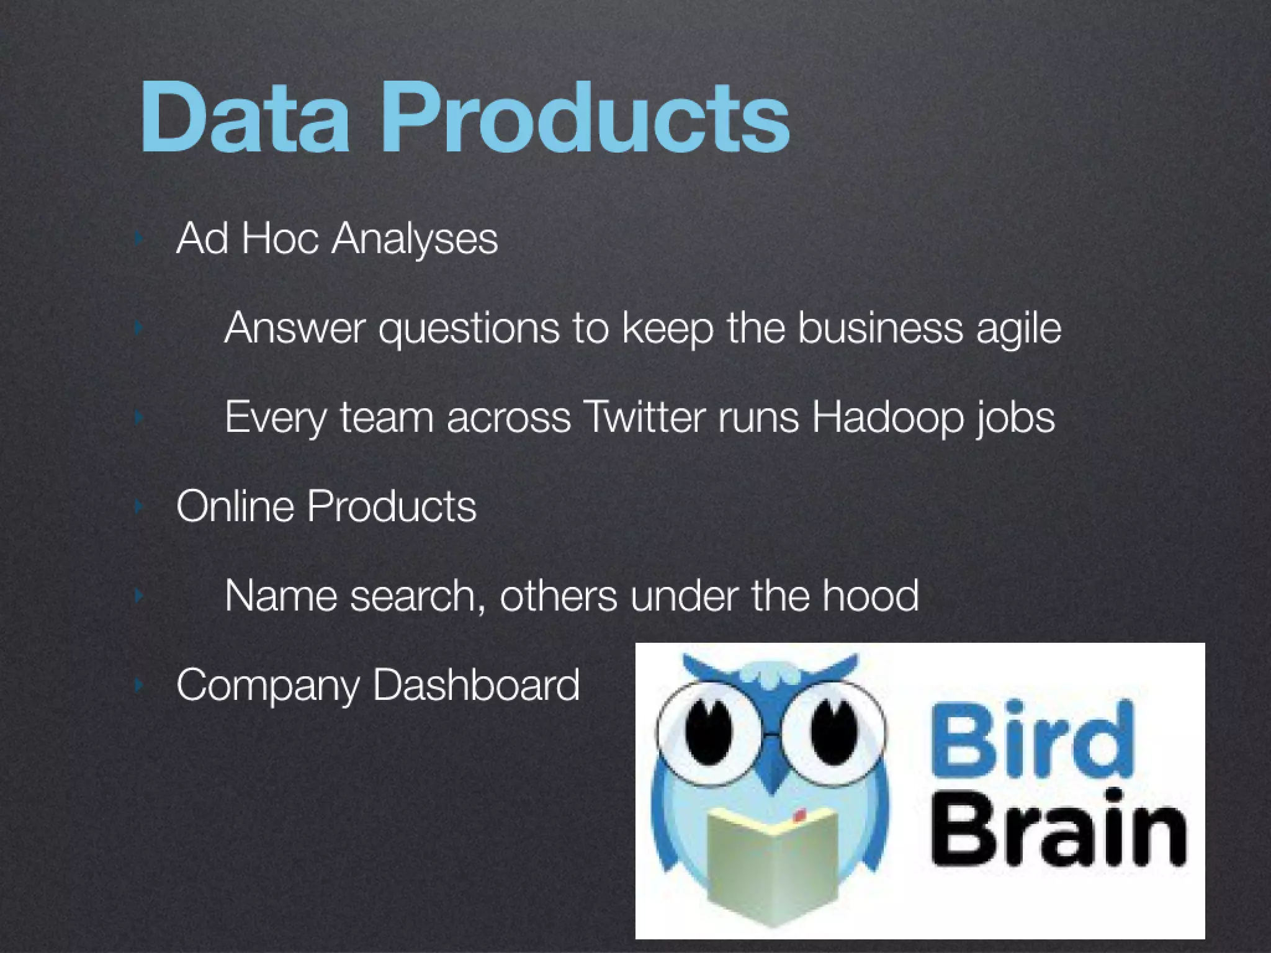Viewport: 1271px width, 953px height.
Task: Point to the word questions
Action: click(469, 329)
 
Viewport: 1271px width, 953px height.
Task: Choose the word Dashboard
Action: click(477, 685)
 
